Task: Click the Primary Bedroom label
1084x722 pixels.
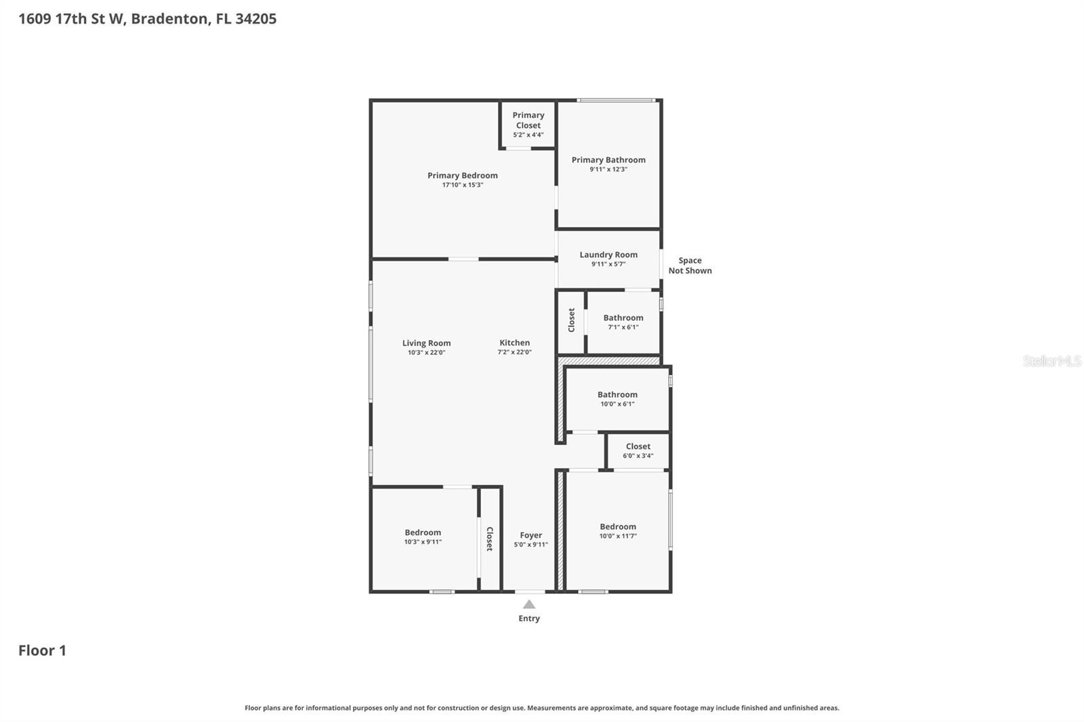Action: [x=462, y=175]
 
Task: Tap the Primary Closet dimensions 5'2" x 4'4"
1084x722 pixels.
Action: [x=528, y=135]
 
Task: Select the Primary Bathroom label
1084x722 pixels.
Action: [x=608, y=160]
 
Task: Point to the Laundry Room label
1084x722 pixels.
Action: [x=608, y=255]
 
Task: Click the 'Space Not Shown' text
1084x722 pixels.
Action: [x=690, y=266]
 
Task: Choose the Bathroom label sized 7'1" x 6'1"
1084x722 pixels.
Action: [x=623, y=318]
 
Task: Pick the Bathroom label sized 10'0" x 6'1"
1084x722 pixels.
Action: [x=617, y=394]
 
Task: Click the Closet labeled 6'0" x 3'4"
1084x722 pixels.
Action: [x=638, y=446]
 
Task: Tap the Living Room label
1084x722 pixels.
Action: [x=426, y=343]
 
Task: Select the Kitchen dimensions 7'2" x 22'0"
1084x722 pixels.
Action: [x=514, y=352]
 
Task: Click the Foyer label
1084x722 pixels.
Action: [x=530, y=535]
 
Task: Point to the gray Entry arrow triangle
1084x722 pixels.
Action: [x=529, y=604]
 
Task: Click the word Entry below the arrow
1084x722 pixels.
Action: [x=529, y=618]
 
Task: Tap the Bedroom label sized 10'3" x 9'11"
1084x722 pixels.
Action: [x=423, y=532]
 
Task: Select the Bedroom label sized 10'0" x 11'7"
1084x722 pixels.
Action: [x=617, y=526]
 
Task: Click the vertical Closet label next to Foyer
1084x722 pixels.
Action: [x=489, y=538]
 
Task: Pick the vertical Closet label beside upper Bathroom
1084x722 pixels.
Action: [x=571, y=320]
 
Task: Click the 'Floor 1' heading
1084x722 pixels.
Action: [x=42, y=650]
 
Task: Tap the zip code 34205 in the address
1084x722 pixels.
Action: [x=255, y=18]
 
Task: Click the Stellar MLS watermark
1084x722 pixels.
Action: [x=1051, y=361]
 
